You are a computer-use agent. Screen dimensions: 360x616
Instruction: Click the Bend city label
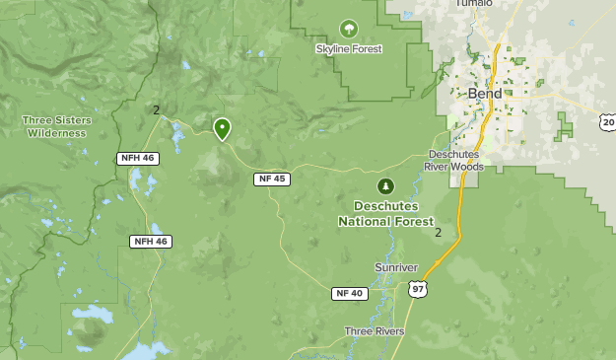click(484, 94)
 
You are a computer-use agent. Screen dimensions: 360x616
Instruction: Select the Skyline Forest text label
click(349, 48)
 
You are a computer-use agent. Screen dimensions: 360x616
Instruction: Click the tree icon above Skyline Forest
click(348, 30)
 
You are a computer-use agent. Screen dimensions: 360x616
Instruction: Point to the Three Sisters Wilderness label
click(57, 126)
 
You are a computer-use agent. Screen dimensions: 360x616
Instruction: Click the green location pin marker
click(222, 128)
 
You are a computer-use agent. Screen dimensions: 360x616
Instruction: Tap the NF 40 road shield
click(348, 293)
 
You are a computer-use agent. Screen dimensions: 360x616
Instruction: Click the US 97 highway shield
click(418, 288)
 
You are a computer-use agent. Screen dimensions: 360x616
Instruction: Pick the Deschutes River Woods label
click(454, 161)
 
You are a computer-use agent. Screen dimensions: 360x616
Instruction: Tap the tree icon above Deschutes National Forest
click(385, 185)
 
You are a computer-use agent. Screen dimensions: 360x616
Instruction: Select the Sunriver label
click(396, 267)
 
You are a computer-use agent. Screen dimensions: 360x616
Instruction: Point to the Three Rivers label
click(375, 331)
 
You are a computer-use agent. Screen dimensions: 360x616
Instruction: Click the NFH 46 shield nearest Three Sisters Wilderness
click(136, 158)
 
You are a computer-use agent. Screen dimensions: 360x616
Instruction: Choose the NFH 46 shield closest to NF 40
click(150, 241)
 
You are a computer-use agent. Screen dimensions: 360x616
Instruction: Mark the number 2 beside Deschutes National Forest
click(439, 233)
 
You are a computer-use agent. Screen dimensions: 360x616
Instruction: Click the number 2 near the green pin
click(156, 109)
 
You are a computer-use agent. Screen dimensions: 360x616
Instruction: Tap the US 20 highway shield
click(607, 121)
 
